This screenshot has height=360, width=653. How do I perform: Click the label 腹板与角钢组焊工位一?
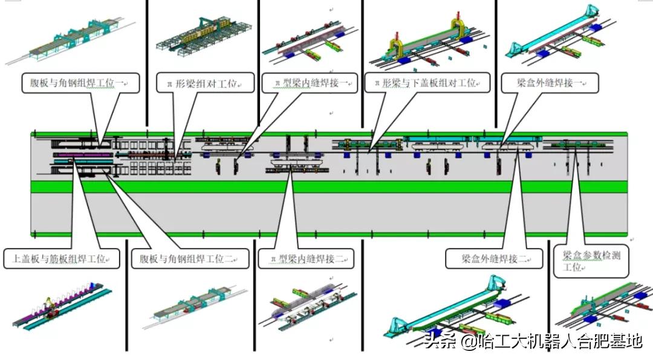coord(81,83)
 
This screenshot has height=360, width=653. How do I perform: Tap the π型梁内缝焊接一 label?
coord(309,83)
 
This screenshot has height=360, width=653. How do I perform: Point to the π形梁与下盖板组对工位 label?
coord(427,83)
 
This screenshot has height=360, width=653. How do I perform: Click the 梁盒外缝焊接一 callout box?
coord(550,83)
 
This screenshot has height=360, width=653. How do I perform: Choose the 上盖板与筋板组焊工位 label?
coord(61,259)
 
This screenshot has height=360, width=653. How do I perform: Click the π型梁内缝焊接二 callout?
coord(305,259)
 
